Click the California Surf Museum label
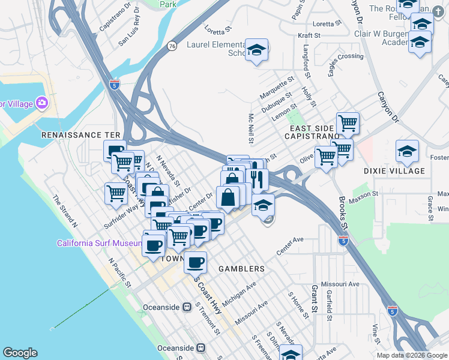click(x=99, y=243)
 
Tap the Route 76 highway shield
click(x=172, y=46)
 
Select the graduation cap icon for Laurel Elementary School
click(x=257, y=50)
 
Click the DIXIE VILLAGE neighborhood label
click(x=394, y=171)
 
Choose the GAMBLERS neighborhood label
click(x=241, y=269)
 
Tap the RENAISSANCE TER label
click(x=81, y=136)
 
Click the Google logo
click(x=20, y=353)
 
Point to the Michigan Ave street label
click(x=239, y=293)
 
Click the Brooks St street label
click(x=343, y=207)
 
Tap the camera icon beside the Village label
click(x=42, y=104)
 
